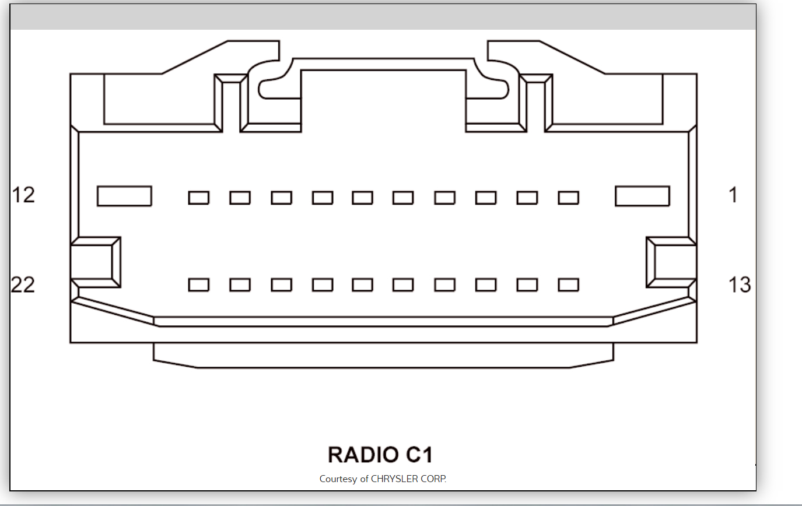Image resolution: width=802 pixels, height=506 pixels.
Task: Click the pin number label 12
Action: (23, 195)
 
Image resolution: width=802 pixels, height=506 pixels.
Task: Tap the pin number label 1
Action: (733, 195)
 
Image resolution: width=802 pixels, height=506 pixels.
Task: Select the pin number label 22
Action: (23, 284)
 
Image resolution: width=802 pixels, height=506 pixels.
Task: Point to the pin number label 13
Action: (739, 284)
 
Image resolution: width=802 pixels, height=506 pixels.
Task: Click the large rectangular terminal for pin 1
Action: (642, 196)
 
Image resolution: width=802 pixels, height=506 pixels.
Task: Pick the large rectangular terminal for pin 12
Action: (124, 196)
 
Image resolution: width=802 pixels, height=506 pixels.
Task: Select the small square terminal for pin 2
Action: (568, 198)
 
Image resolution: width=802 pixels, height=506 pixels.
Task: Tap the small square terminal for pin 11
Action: (198, 198)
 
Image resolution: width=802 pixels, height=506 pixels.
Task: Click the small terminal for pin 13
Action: (568, 284)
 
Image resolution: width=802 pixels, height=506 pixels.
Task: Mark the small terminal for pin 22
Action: (198, 284)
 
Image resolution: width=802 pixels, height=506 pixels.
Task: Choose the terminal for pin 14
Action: (527, 284)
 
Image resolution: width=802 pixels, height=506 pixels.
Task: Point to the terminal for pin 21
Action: (240, 284)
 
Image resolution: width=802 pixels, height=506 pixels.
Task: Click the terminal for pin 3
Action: (527, 198)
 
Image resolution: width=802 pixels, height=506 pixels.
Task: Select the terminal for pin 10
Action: (240, 198)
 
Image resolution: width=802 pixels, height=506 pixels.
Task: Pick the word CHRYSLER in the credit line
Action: (394, 479)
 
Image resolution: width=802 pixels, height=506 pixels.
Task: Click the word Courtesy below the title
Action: (338, 479)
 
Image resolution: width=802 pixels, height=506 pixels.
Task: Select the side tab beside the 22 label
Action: (94, 262)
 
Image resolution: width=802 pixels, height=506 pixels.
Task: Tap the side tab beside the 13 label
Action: (671, 262)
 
